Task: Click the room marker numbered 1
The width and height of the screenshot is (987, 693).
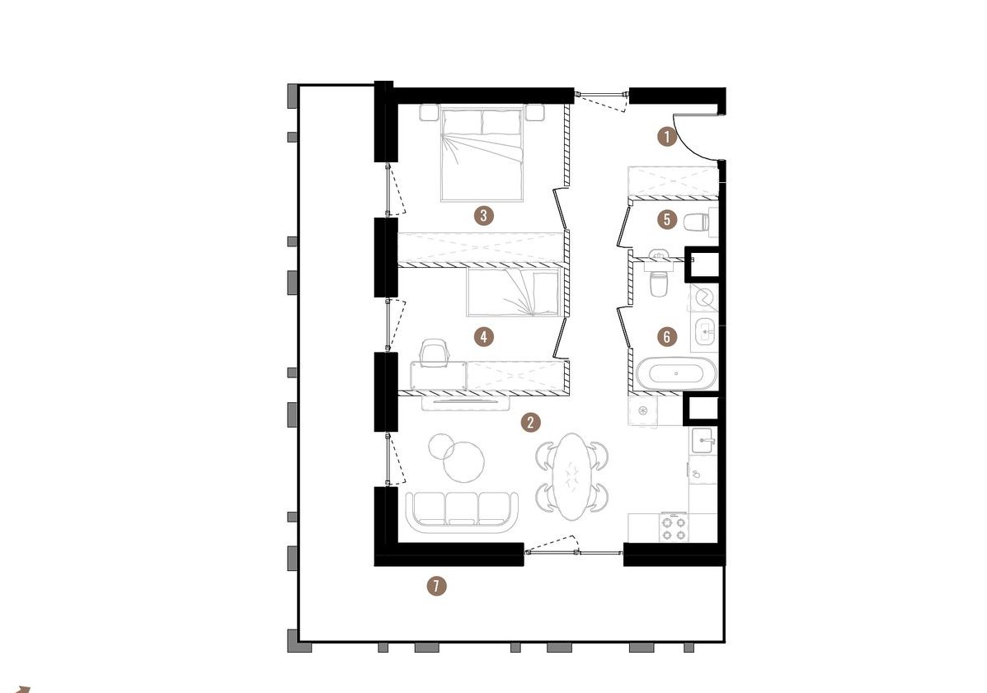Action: click(666, 137)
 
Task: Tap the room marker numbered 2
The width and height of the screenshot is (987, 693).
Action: click(531, 422)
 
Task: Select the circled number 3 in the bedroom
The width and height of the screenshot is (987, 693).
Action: click(483, 216)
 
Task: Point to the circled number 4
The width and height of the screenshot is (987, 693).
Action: click(483, 336)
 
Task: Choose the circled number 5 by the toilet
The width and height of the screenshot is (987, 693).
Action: click(666, 219)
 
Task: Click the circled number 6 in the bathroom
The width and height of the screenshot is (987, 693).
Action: click(666, 336)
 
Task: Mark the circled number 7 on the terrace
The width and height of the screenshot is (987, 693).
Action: click(436, 586)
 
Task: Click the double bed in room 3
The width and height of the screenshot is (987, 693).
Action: click(482, 155)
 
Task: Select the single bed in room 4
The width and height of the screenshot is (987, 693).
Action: click(512, 292)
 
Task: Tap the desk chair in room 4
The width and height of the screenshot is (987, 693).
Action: click(433, 352)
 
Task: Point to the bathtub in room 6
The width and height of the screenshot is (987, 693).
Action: click(676, 373)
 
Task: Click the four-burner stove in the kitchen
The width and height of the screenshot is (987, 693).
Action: click(673, 527)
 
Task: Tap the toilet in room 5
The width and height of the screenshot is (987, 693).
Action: click(697, 222)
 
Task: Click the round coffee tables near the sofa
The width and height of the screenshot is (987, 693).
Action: click(457, 457)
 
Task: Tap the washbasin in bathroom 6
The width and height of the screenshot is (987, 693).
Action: click(703, 331)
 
